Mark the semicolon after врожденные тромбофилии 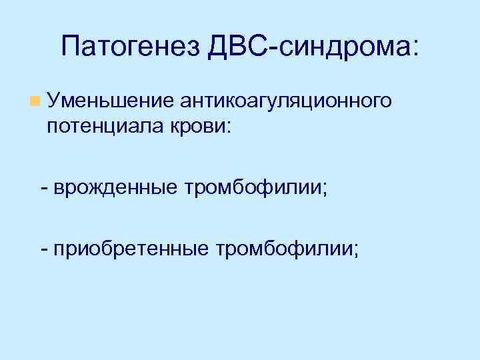(325, 190)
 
